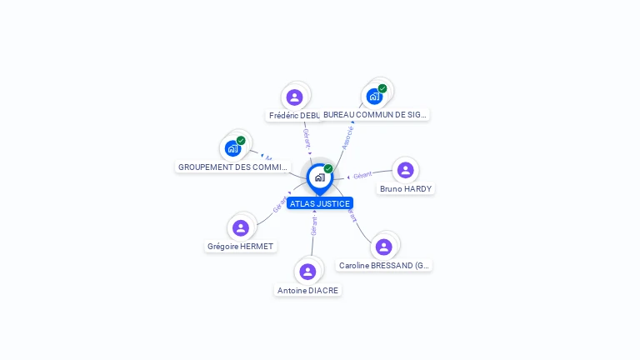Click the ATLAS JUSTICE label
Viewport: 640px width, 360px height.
point(320,203)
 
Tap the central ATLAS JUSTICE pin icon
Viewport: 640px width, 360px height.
point(319,177)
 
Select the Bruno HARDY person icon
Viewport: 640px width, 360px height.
point(406,170)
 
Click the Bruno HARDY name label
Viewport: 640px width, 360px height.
point(406,189)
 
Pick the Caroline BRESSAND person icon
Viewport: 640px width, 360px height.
point(384,247)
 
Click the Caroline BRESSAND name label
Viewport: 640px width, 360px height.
point(384,266)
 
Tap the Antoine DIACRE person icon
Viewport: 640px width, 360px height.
point(307,272)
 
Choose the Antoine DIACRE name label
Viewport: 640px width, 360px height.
point(308,290)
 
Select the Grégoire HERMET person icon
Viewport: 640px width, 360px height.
point(241,227)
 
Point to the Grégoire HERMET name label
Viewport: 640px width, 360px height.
point(241,247)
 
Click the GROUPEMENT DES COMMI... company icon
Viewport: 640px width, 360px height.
point(232,148)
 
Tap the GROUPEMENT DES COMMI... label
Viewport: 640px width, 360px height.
point(232,167)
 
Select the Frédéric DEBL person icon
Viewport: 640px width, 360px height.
point(293,97)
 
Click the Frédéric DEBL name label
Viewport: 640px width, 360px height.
point(294,115)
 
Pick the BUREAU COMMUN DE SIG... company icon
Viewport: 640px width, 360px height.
point(374,96)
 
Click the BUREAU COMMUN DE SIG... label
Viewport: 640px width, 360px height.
point(376,115)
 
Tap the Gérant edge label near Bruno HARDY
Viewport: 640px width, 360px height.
point(362,176)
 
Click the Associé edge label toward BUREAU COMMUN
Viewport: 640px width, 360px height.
point(348,137)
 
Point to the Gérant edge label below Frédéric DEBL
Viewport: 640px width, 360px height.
point(307,139)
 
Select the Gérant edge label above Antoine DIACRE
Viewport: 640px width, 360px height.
point(314,226)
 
